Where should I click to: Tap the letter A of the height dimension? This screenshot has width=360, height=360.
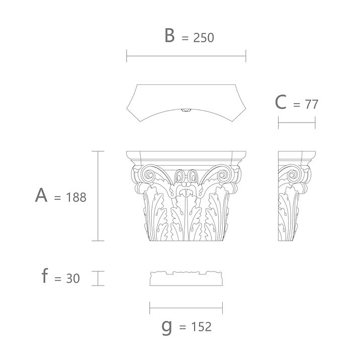click(x=41, y=195)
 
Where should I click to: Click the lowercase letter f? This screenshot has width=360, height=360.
click(x=45, y=276)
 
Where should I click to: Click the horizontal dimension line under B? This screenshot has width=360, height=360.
click(x=186, y=56)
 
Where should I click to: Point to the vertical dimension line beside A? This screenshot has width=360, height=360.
click(x=98, y=196)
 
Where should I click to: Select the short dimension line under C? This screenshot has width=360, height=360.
click(x=297, y=122)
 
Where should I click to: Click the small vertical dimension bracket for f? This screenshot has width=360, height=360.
click(x=98, y=279)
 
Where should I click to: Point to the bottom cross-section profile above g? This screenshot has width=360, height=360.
click(x=186, y=279)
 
